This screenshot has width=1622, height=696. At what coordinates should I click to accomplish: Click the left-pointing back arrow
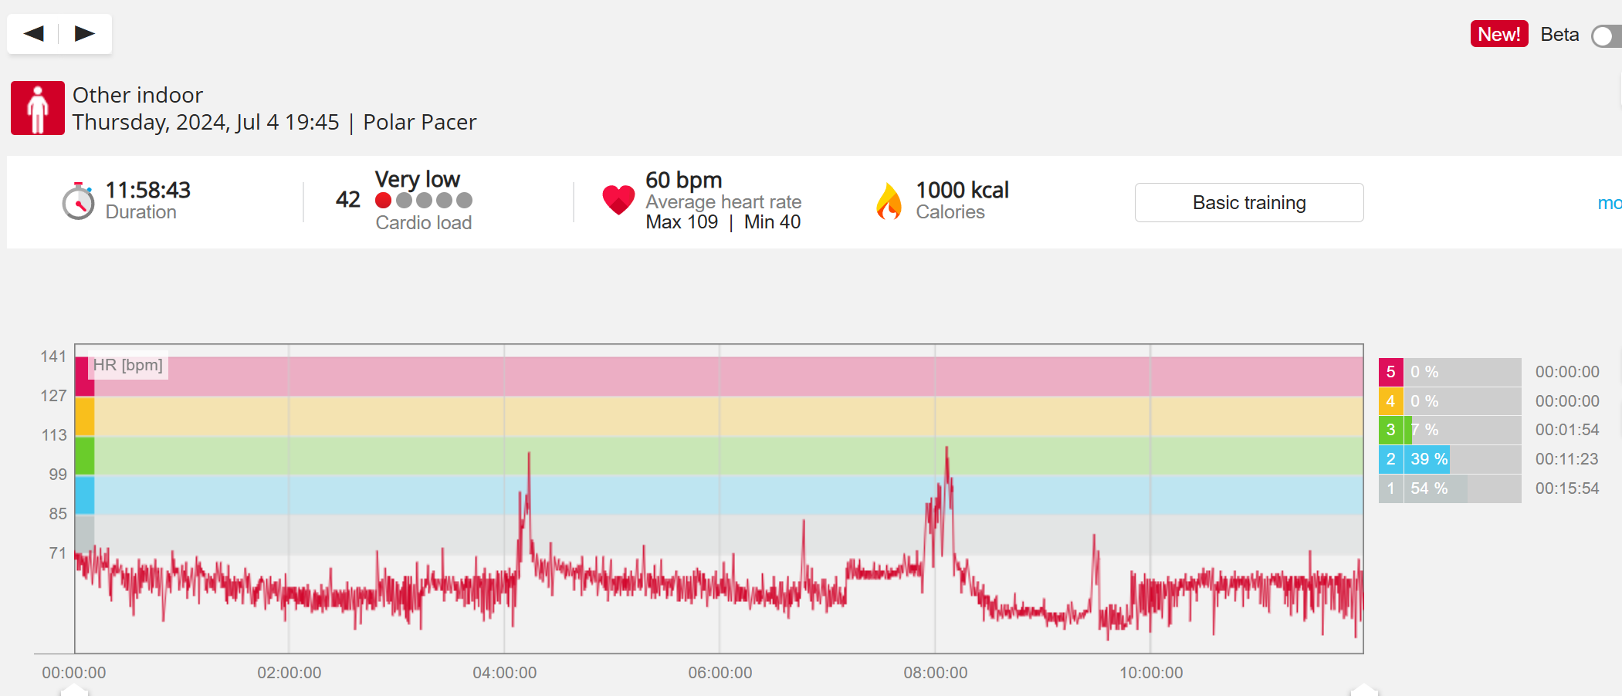34,33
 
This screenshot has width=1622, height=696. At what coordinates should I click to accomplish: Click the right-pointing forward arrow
84,33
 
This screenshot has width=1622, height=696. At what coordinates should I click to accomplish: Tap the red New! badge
1498,34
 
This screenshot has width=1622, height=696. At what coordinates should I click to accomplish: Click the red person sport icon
38,108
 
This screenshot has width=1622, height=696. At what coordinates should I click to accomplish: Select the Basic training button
1248,202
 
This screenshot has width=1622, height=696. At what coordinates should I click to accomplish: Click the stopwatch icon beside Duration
78,201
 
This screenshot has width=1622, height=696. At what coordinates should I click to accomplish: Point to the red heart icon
618,200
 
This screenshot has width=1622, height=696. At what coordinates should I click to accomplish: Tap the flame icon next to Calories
889,201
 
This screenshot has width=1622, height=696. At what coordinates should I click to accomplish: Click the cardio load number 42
348,200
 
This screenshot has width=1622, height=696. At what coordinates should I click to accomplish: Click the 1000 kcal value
962,190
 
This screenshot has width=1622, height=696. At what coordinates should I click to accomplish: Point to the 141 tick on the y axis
53,356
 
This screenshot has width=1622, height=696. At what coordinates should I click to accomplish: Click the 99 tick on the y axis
58,475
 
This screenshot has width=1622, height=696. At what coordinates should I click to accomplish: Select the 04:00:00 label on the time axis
504,673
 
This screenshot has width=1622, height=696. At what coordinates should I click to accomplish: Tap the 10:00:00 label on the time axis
1150,673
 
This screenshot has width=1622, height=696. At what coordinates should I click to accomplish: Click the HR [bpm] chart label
128,365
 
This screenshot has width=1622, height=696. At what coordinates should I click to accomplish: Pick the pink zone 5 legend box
1390,372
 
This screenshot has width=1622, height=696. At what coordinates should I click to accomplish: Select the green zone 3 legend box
1390,430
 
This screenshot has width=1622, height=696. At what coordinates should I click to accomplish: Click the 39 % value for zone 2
1428,459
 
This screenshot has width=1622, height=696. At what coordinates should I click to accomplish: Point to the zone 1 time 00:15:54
1566,488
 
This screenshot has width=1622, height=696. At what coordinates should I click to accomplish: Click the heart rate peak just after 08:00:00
946,449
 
